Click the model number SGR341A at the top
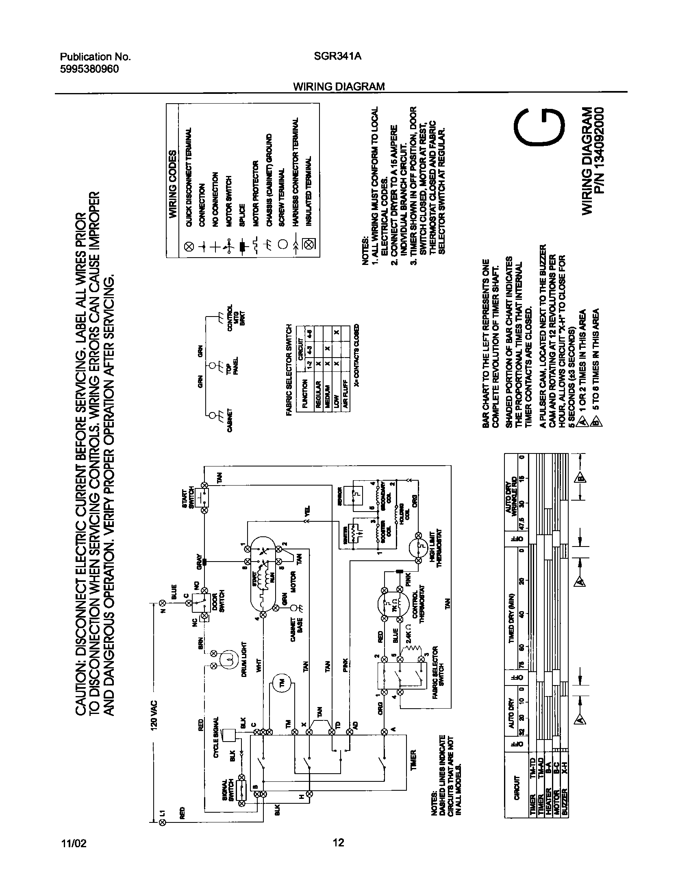pos(337,57)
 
